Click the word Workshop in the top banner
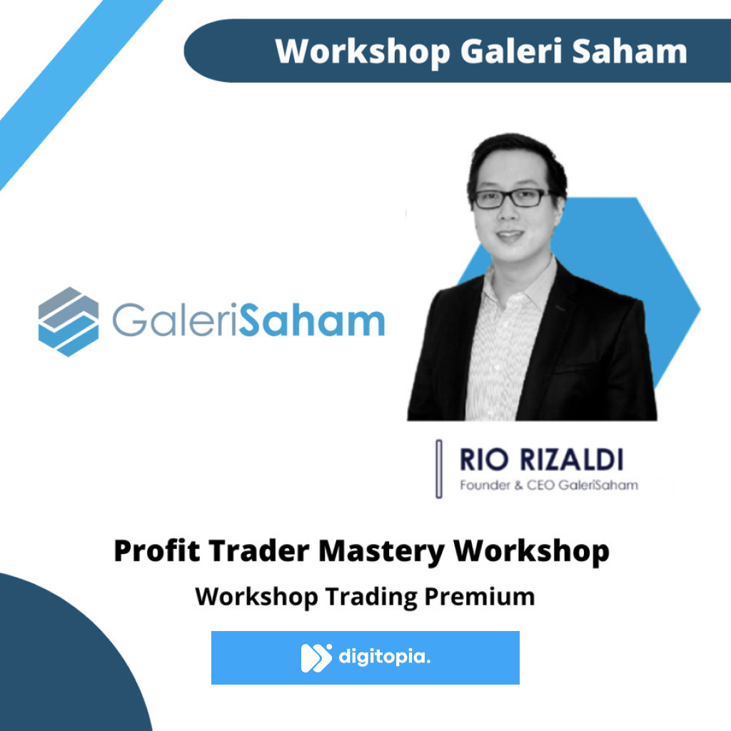point(362,51)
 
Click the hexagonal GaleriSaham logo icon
point(68,321)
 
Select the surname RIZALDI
point(571,460)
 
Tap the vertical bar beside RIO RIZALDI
point(438,468)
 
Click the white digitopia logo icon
point(316,657)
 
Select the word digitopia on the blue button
point(385,657)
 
